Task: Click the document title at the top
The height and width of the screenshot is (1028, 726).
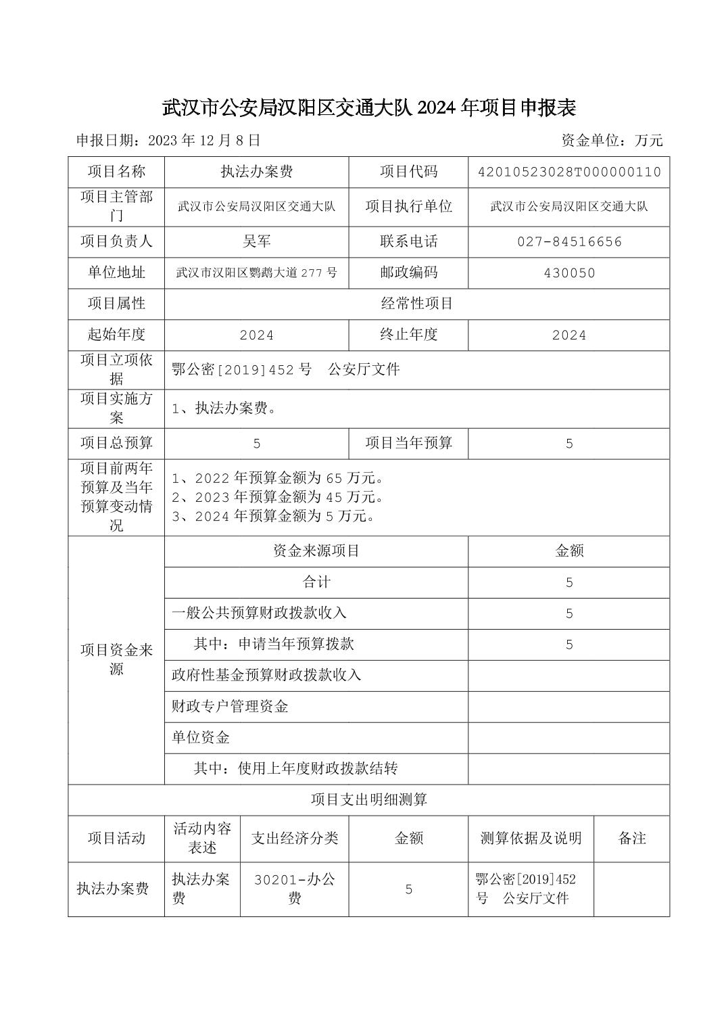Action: pos(368,107)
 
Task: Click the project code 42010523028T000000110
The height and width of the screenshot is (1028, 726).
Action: pos(568,172)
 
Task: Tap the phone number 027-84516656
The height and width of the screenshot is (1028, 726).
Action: pos(568,241)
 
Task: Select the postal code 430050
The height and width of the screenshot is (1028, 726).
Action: pos(568,273)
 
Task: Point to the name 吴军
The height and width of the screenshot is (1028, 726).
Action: pos(256,241)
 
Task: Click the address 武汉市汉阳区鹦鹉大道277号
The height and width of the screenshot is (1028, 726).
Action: pos(256,273)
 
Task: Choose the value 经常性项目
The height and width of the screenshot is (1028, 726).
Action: pos(416,304)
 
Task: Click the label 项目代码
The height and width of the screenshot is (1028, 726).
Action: pos(408,172)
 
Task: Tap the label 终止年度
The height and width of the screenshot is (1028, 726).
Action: pos(408,335)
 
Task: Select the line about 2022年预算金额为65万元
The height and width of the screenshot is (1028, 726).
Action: pos(279,478)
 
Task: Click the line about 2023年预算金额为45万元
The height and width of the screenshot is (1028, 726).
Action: pos(279,497)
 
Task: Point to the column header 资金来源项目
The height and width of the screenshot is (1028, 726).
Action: pos(316,551)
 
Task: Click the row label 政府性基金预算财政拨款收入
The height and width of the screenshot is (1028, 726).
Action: pos(266,675)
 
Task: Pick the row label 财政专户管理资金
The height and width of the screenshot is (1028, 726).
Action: pos(230,707)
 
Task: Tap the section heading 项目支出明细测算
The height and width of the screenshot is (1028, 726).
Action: pos(368,799)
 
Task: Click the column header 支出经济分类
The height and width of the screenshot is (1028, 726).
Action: pos(294,838)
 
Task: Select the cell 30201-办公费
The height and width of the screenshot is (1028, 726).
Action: pos(294,889)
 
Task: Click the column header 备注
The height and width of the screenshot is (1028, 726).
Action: pos(631,838)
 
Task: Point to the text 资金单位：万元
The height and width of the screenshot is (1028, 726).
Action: pos(612,141)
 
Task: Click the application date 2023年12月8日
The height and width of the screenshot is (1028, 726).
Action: pos(203,141)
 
